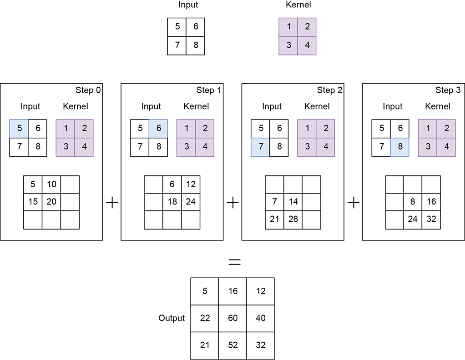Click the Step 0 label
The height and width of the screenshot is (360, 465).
pyautogui.click(x=88, y=90)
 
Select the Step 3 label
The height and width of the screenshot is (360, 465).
pyautogui.click(x=448, y=90)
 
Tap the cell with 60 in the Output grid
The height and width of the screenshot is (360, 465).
pyautogui.click(x=233, y=318)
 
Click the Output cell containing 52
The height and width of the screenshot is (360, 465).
pyautogui.click(x=233, y=346)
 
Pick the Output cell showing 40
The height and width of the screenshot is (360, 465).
pyautogui.click(x=261, y=318)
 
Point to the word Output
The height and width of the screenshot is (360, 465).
pyautogui.click(x=172, y=318)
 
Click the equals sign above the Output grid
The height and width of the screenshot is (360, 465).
pyautogui.click(x=234, y=262)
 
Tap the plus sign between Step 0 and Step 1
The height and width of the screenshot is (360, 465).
pyautogui.click(x=112, y=203)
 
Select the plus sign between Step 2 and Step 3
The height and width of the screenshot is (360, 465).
pyautogui.click(x=353, y=203)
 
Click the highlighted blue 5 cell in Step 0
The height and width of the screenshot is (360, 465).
pyautogui.click(x=19, y=129)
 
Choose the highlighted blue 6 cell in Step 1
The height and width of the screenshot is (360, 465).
pyautogui.click(x=159, y=129)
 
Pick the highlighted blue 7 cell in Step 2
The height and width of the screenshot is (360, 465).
pyautogui.click(x=261, y=147)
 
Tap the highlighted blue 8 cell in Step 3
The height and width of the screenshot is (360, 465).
pyautogui.click(x=400, y=147)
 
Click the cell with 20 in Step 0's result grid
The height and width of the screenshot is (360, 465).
pyautogui.click(x=51, y=202)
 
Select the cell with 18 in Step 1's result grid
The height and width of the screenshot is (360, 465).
pyautogui.click(x=172, y=202)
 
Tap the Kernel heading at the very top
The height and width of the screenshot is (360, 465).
pyautogui.click(x=298, y=5)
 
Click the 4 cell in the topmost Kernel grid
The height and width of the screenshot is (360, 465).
pyautogui.click(x=307, y=46)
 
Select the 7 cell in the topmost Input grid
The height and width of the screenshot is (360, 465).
pyautogui.click(x=177, y=46)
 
